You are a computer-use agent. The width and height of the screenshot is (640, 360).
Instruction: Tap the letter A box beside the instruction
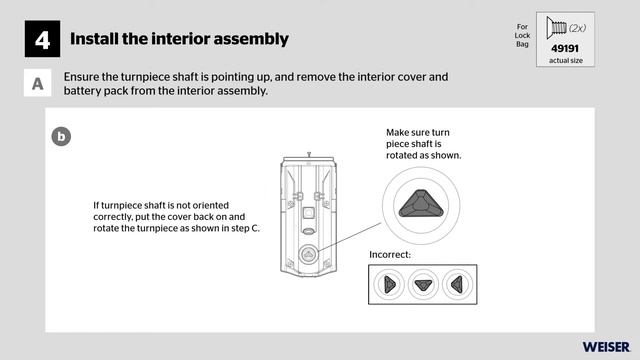coord(37,84)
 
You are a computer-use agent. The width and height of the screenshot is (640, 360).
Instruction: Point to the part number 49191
coord(565,48)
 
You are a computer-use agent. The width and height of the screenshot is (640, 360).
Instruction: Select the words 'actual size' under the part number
coord(565,61)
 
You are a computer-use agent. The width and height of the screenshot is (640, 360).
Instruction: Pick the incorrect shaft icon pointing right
coord(389,284)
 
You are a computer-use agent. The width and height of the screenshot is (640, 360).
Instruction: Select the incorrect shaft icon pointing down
coord(423,284)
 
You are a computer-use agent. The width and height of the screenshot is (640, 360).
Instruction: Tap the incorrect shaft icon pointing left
coord(457,284)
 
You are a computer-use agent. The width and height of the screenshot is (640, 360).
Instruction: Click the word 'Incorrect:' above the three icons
coord(390,254)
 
